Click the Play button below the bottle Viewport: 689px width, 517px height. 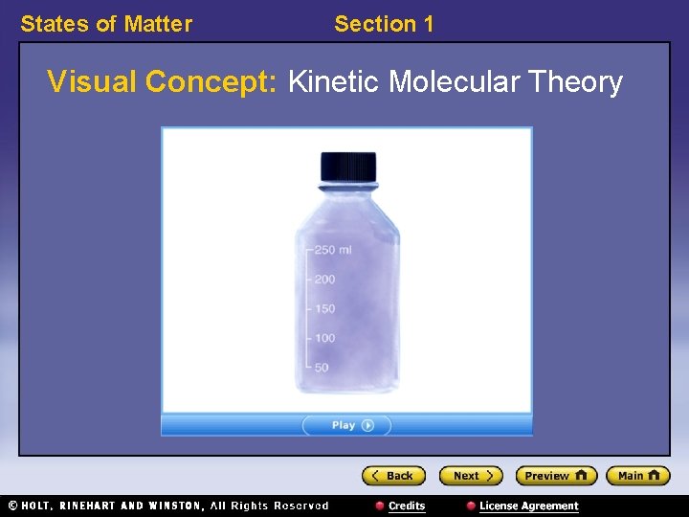[346, 425]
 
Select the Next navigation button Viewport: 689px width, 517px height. [470, 476]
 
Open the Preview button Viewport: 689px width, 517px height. [555, 476]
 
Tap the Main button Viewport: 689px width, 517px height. [637, 476]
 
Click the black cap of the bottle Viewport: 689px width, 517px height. [347, 166]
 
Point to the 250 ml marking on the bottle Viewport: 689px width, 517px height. [333, 250]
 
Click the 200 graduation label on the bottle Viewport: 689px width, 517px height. [324, 280]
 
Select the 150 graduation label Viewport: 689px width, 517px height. [324, 308]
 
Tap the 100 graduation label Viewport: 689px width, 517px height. [324, 338]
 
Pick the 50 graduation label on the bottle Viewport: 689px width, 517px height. [322, 367]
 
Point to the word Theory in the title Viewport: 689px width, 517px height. [578, 82]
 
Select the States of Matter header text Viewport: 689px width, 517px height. [106, 24]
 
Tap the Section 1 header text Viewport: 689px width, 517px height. [384, 24]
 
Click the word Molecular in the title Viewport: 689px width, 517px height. [450, 82]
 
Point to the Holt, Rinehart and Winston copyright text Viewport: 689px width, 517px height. [167, 506]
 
